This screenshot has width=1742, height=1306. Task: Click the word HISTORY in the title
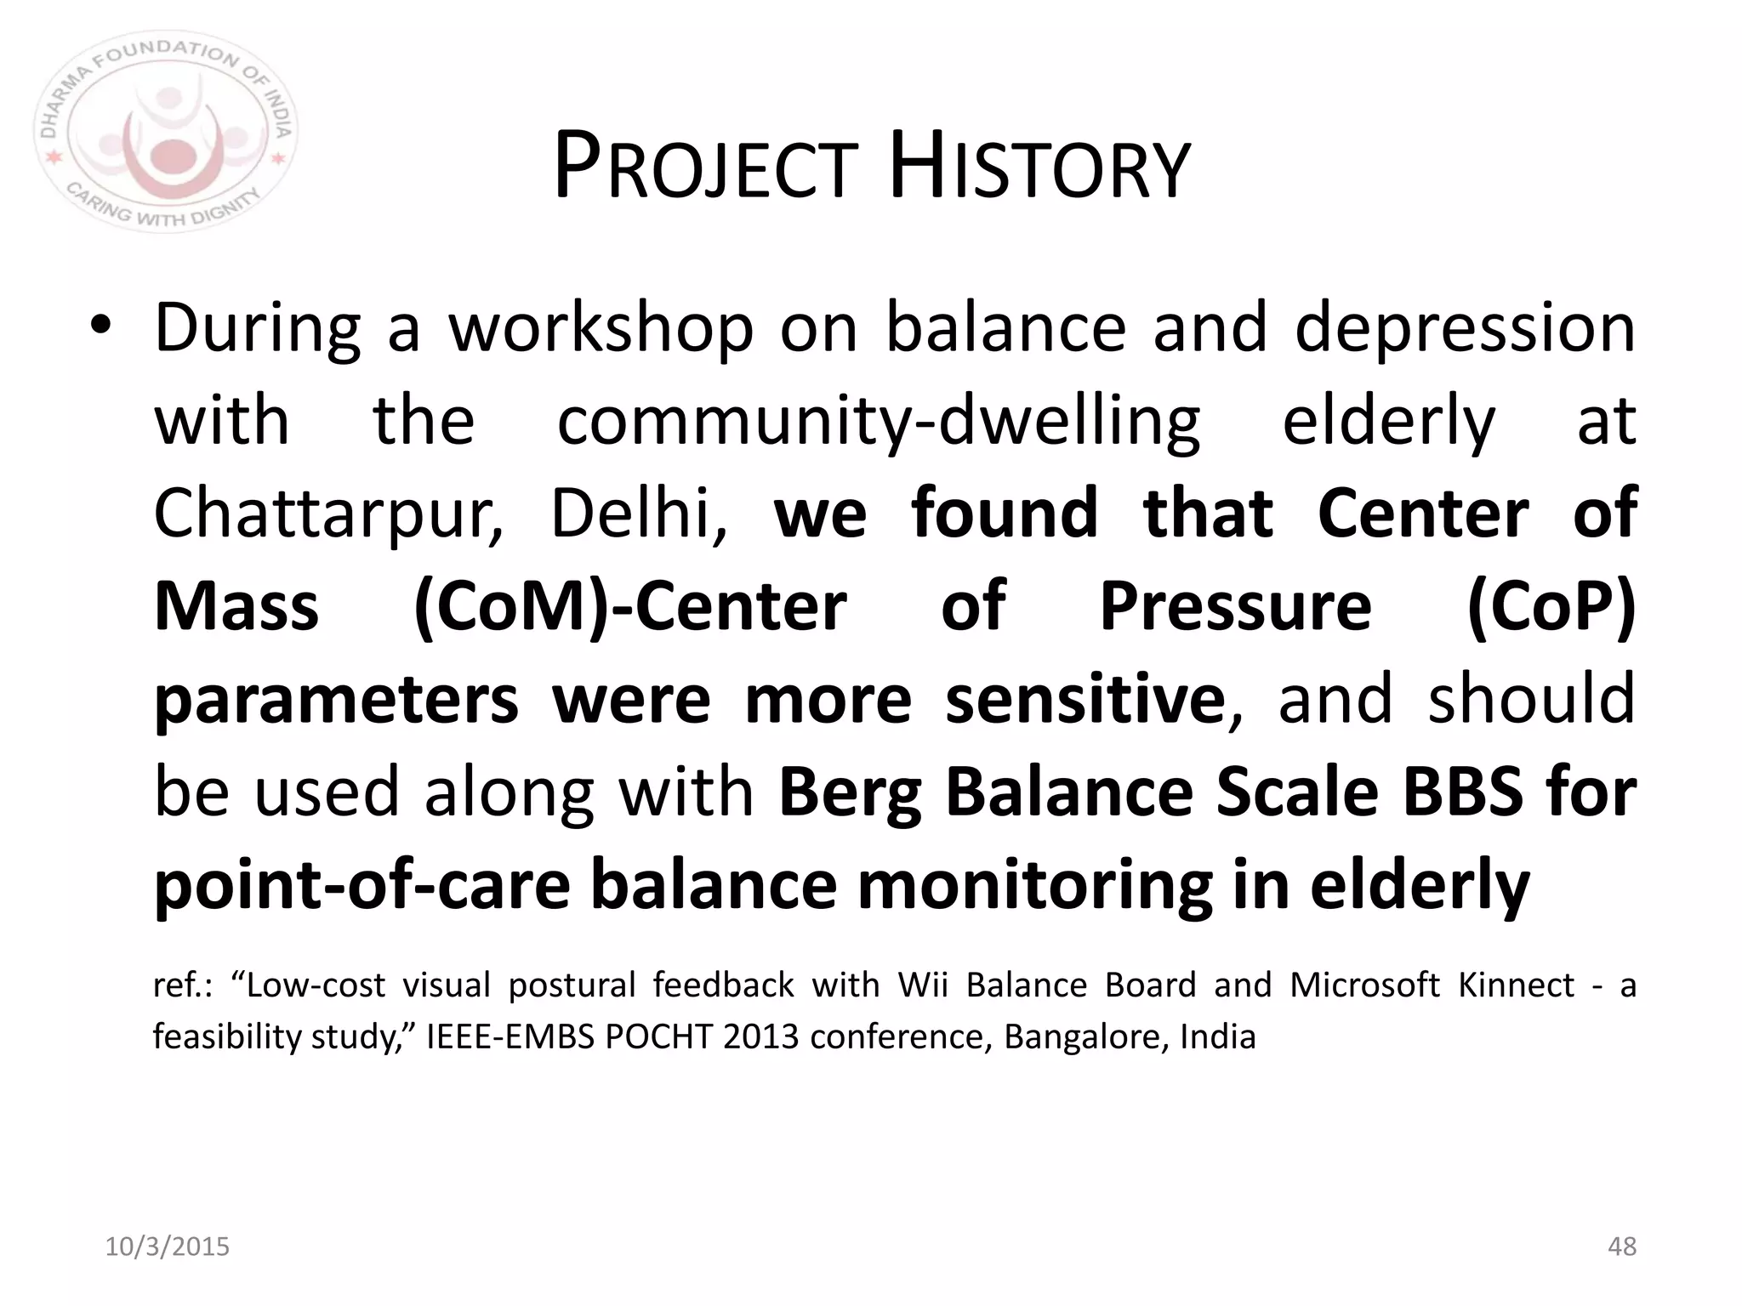1039,167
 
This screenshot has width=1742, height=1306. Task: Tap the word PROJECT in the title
705,167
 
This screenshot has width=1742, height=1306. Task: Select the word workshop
601,329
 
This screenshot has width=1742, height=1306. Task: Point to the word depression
1465,329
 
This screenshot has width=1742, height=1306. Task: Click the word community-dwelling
878,422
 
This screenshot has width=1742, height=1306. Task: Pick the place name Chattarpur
328,515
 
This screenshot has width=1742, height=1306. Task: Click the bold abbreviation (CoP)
1551,607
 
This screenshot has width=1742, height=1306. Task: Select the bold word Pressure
1235,607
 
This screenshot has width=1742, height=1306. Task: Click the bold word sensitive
1084,699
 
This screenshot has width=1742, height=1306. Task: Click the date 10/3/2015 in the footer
168,1246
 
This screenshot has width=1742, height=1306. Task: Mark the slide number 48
1622,1246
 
